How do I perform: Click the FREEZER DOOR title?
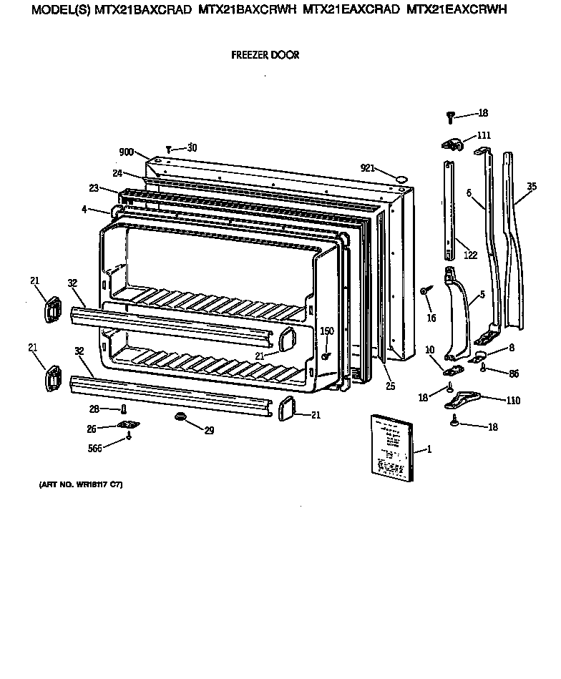click(x=265, y=55)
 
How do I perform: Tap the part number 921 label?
click(x=368, y=168)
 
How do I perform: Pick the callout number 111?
click(x=484, y=136)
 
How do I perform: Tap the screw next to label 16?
click(x=425, y=290)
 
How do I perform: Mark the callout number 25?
click(x=391, y=387)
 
